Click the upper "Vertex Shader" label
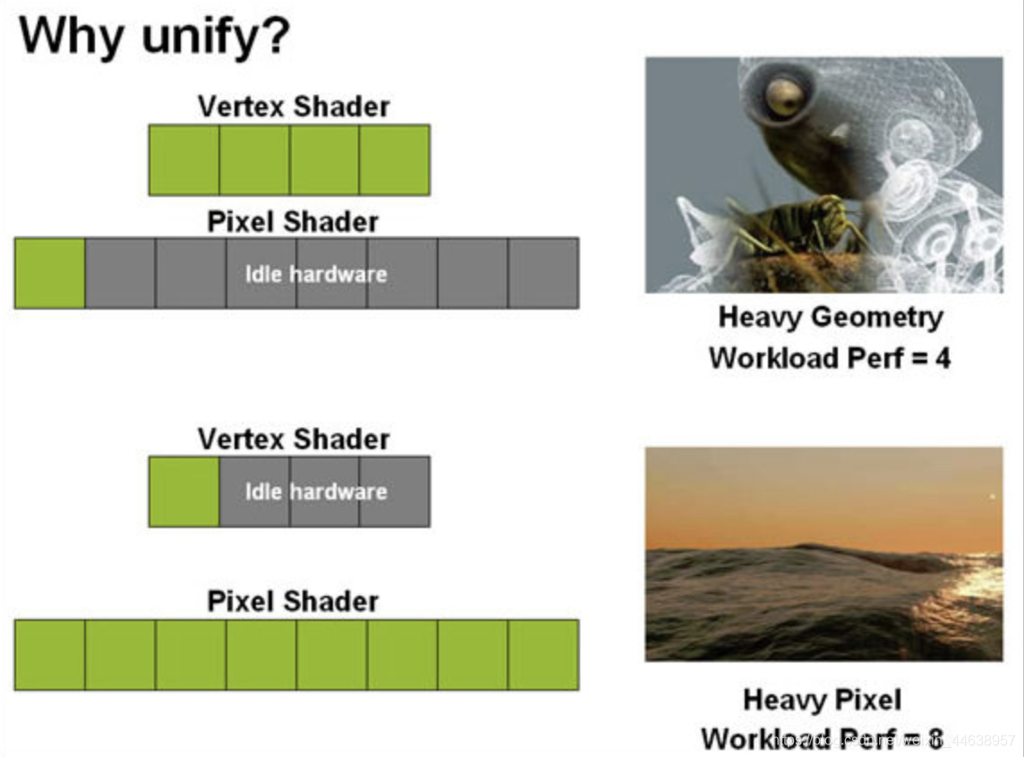[x=294, y=106]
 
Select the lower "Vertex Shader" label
[x=294, y=439]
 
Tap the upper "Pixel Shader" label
[x=294, y=221]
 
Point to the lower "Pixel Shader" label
[x=294, y=600]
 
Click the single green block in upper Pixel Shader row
[x=50, y=273]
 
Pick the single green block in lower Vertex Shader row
[x=184, y=491]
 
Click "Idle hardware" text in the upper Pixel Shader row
[x=316, y=274]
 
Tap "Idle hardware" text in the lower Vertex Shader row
[x=316, y=491]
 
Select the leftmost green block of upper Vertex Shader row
[x=184, y=160]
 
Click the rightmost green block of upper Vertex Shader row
[x=394, y=160]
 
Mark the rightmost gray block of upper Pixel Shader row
[x=543, y=273]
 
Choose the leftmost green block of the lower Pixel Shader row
[x=50, y=655]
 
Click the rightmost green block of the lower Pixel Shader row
[x=543, y=655]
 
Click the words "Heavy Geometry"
[x=830, y=317]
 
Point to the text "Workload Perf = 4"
[x=830, y=358]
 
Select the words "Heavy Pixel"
[x=822, y=699]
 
